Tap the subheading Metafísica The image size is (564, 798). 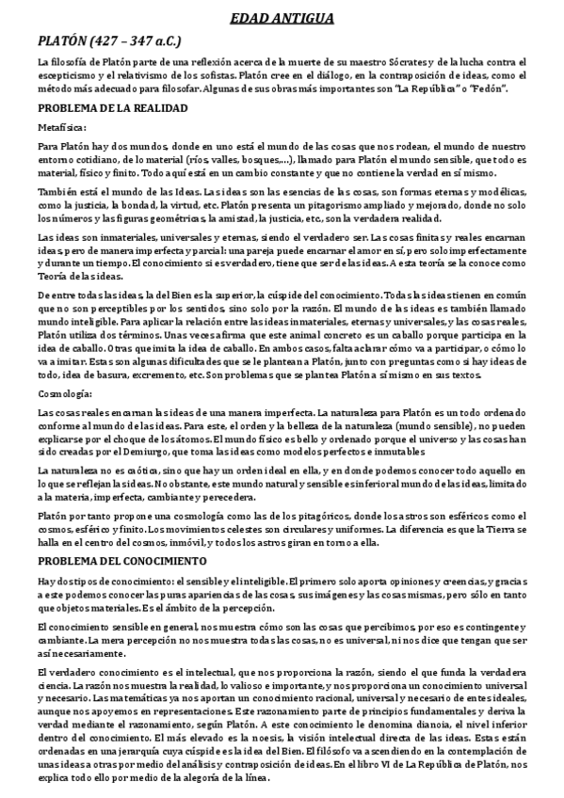62,127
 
